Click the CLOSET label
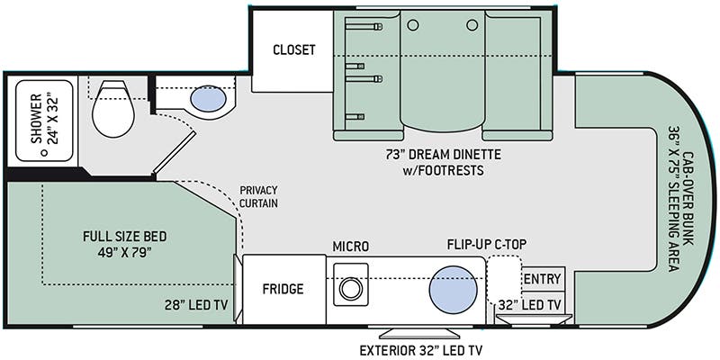point(294,49)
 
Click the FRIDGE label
point(283,289)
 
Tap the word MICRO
point(351,246)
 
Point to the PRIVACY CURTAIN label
point(257,196)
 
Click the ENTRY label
point(543,278)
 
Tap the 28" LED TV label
point(197,305)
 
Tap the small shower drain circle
point(43,154)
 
